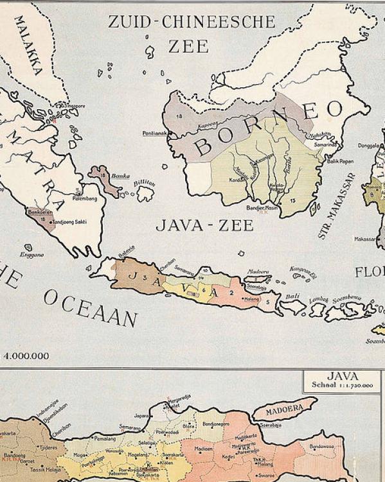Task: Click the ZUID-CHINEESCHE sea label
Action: (x=192, y=22)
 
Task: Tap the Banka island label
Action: (x=120, y=175)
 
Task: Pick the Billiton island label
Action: (x=144, y=184)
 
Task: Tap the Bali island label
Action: (x=292, y=296)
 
